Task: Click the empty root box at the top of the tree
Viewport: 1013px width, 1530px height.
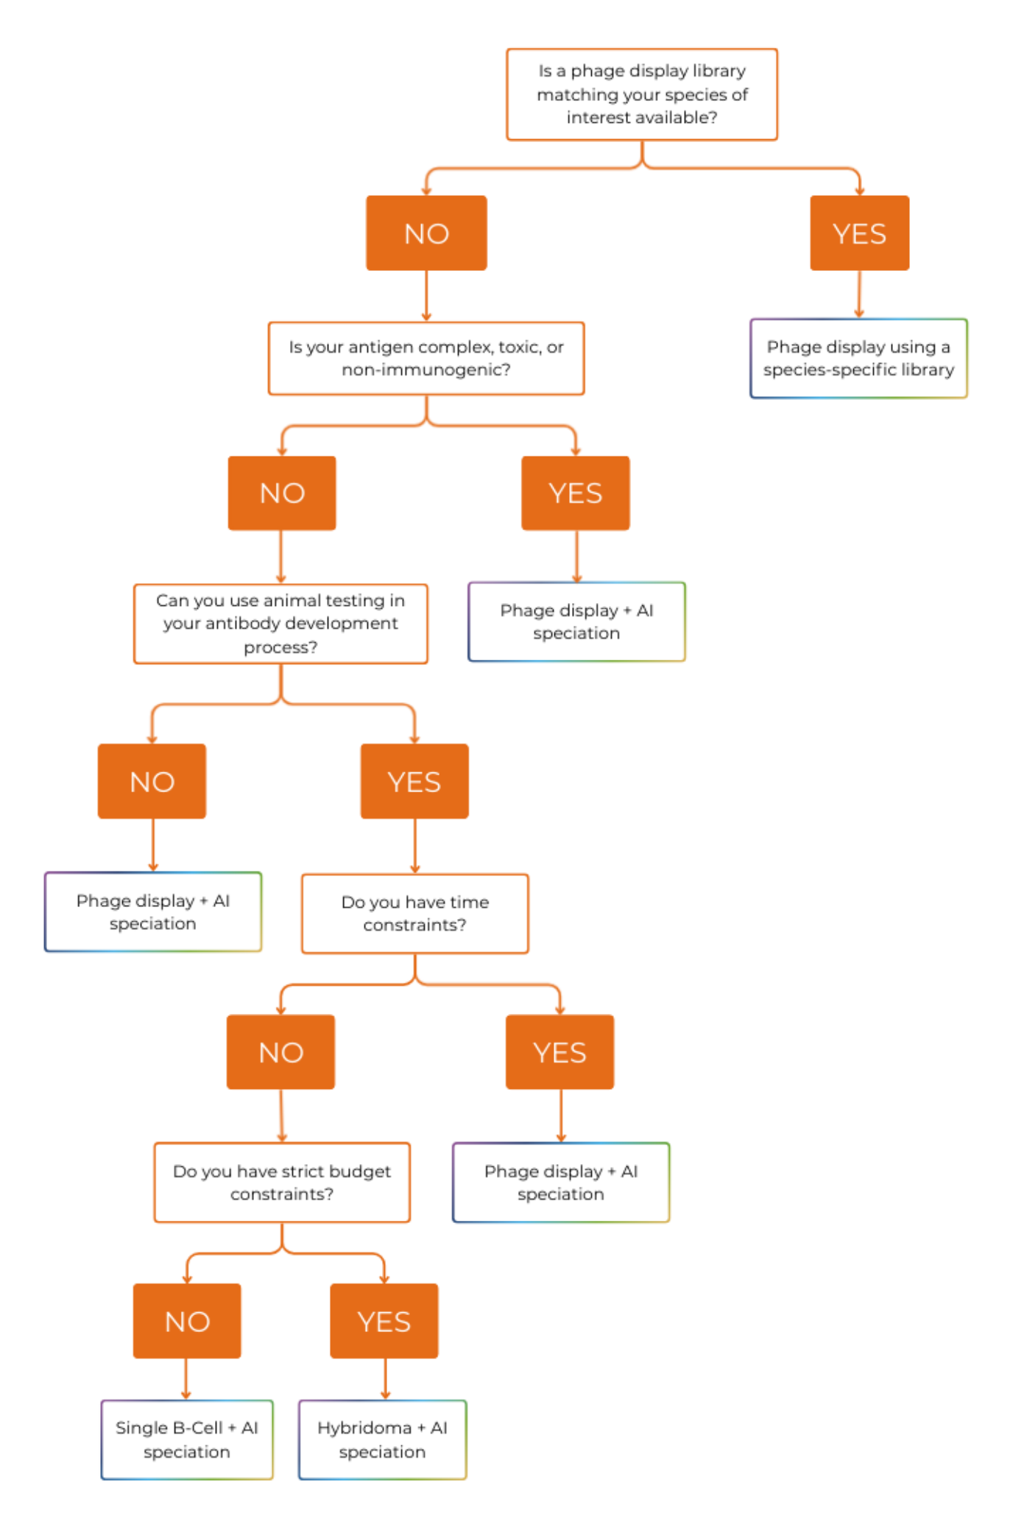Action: (x=642, y=94)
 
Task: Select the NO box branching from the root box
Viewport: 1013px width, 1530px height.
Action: (x=426, y=233)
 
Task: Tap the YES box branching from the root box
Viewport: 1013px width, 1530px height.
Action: (x=859, y=233)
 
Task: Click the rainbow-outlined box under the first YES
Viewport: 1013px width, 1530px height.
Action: (x=858, y=359)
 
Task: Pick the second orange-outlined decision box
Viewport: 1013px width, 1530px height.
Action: (x=426, y=359)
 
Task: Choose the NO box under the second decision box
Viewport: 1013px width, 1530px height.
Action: (x=283, y=493)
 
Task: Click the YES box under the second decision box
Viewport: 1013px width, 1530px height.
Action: (x=576, y=493)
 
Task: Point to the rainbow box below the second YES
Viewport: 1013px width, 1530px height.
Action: (x=577, y=622)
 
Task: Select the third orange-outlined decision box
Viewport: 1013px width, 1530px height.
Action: (x=281, y=624)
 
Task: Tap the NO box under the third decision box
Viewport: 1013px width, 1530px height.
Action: (x=152, y=781)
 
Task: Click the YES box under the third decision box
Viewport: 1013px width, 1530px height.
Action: (x=414, y=781)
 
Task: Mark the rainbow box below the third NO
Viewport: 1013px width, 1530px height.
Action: (x=154, y=912)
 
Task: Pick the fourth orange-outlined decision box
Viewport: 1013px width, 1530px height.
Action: (x=415, y=914)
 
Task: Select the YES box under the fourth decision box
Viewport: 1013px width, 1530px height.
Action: (x=560, y=1052)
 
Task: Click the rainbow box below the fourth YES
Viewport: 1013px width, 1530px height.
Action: (x=562, y=1182)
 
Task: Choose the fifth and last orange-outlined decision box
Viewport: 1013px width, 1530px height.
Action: (x=283, y=1182)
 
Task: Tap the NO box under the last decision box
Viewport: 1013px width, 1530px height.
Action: (x=188, y=1321)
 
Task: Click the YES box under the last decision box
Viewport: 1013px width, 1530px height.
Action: (x=384, y=1321)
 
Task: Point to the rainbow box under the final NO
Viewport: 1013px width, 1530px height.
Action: (x=188, y=1439)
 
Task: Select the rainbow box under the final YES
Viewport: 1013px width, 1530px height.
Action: (x=383, y=1439)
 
